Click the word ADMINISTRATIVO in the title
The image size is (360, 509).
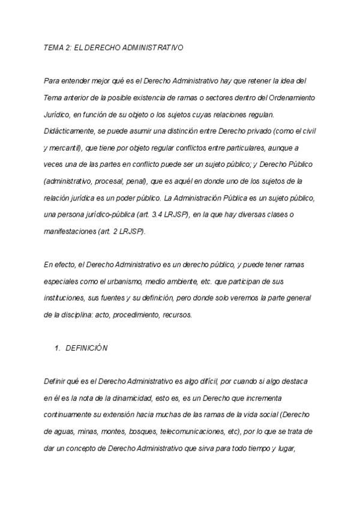pyautogui.click(x=152, y=47)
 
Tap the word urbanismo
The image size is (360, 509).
pyautogui.click(x=130, y=281)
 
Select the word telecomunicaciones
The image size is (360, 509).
pyautogui.click(x=185, y=431)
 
